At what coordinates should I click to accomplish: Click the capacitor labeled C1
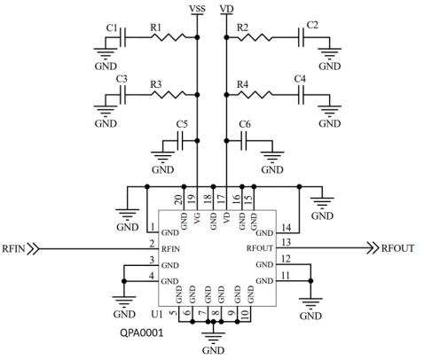(x=124, y=37)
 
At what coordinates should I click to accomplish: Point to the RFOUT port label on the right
(x=397, y=248)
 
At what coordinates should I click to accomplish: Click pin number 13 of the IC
(x=286, y=242)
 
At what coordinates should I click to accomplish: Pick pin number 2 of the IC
(x=153, y=243)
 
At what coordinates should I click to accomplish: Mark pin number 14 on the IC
(x=286, y=226)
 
